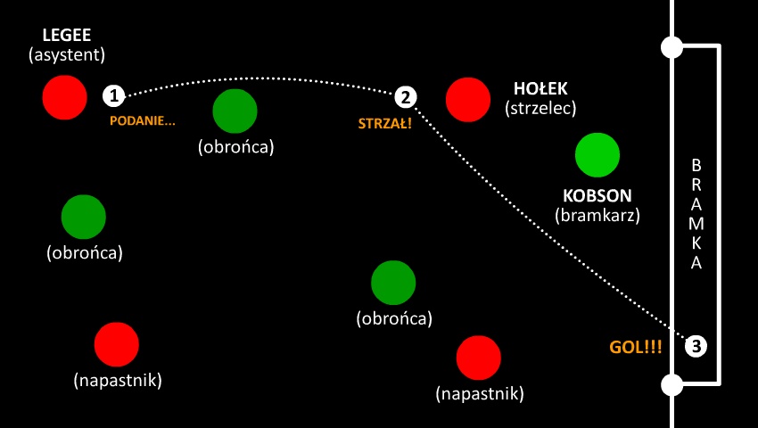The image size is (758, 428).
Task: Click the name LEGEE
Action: [x=67, y=37]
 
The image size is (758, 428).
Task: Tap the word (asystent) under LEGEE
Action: [x=67, y=55]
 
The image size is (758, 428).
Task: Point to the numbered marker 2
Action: [x=405, y=96]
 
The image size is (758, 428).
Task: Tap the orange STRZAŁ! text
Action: [x=384, y=123]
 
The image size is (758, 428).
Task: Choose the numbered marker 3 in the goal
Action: [x=696, y=345]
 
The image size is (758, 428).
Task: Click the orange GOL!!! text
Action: [x=636, y=347]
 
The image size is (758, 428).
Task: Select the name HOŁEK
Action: [x=540, y=89]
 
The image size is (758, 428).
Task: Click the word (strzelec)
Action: [x=540, y=108]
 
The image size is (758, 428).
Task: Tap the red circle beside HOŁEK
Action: [x=468, y=99]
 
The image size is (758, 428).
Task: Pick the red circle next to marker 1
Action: [x=65, y=96]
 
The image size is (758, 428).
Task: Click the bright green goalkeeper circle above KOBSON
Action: [x=597, y=155]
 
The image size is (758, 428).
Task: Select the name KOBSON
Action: [x=597, y=195]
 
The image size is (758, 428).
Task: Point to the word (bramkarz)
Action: [x=597, y=215]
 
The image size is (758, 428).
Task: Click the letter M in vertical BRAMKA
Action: [x=696, y=223]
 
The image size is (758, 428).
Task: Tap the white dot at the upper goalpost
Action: [x=672, y=46]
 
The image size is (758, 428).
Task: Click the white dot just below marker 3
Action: [x=672, y=385]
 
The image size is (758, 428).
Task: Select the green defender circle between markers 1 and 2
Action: [x=235, y=111]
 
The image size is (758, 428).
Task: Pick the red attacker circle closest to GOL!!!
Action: [x=479, y=358]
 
